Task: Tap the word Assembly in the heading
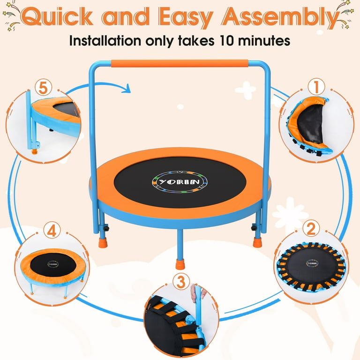coord(280,17)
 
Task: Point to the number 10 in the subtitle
coord(226,41)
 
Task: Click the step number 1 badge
coord(316,87)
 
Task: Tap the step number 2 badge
coord(311,228)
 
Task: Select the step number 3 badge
coord(181,281)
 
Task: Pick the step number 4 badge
coord(52,230)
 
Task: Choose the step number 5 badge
coord(43,88)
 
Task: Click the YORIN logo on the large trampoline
coord(180,182)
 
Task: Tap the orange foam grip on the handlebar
coord(180,64)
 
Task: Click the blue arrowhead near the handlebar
coord(127,89)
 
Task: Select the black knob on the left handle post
coord(106,228)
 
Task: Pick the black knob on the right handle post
coord(254,228)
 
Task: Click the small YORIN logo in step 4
coord(53,264)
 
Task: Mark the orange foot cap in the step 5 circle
coord(34,151)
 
